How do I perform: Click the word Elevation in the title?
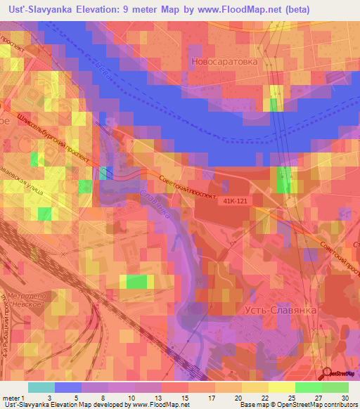109,8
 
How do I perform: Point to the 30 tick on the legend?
345,398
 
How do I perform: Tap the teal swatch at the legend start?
41,387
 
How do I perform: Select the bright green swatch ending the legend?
335,387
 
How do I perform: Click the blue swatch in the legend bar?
68,387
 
